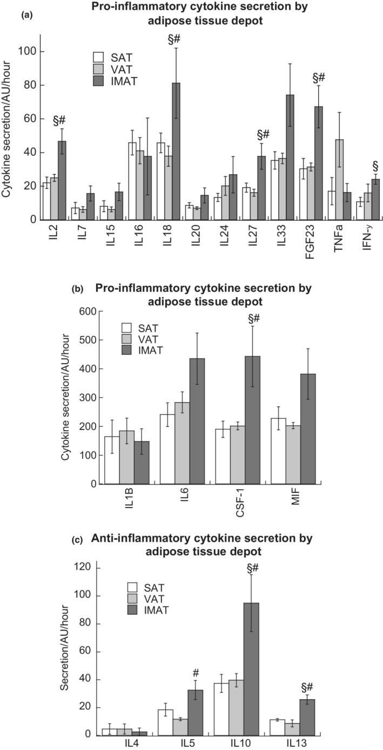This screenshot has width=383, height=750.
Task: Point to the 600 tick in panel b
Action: [x=88, y=312]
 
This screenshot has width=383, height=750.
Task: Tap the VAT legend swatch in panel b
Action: [x=127, y=339]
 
